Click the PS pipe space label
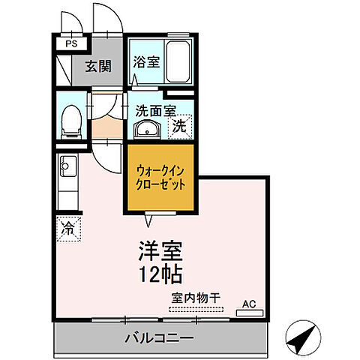tap(72, 44)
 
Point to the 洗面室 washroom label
tap(154, 110)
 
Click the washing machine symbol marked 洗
tap(180, 126)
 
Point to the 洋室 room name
tap(160, 249)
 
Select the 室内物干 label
tap(194, 298)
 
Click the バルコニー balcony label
tap(158, 339)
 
